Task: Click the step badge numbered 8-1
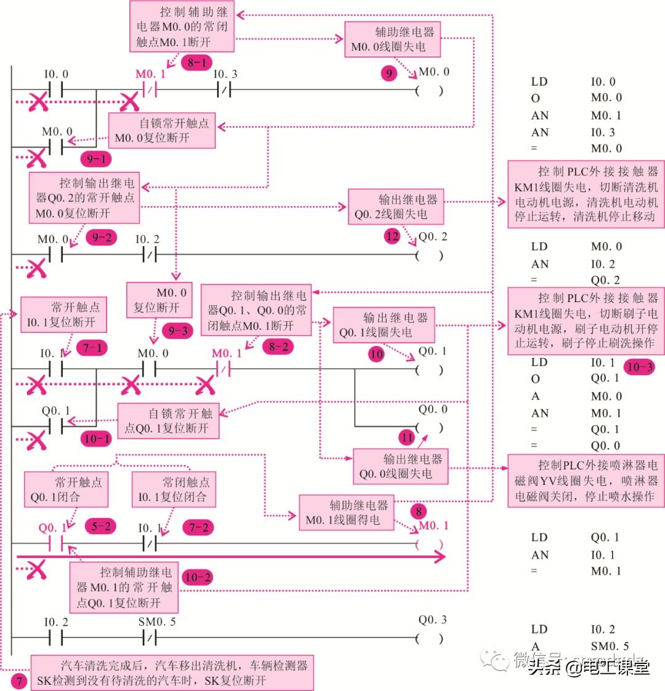coord(196,62)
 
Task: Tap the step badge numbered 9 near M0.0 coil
coord(389,74)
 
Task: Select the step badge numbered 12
coord(392,236)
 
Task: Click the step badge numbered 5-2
coord(100,526)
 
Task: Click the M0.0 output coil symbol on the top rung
coord(430,90)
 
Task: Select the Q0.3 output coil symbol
coord(430,638)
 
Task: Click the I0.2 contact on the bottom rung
coord(56,638)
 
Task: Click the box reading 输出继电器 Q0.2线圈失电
coord(395,207)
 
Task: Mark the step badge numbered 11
coord(406,438)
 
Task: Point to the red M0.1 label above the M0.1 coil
coord(433,525)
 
